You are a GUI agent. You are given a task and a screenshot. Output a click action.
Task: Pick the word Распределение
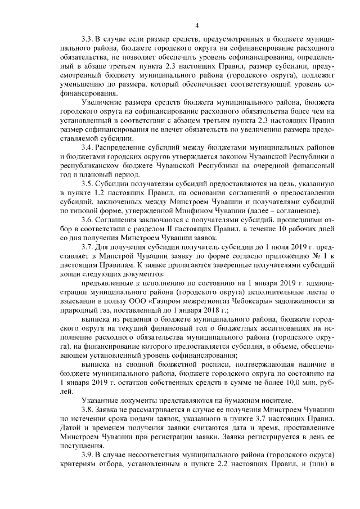click(x=125, y=145)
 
